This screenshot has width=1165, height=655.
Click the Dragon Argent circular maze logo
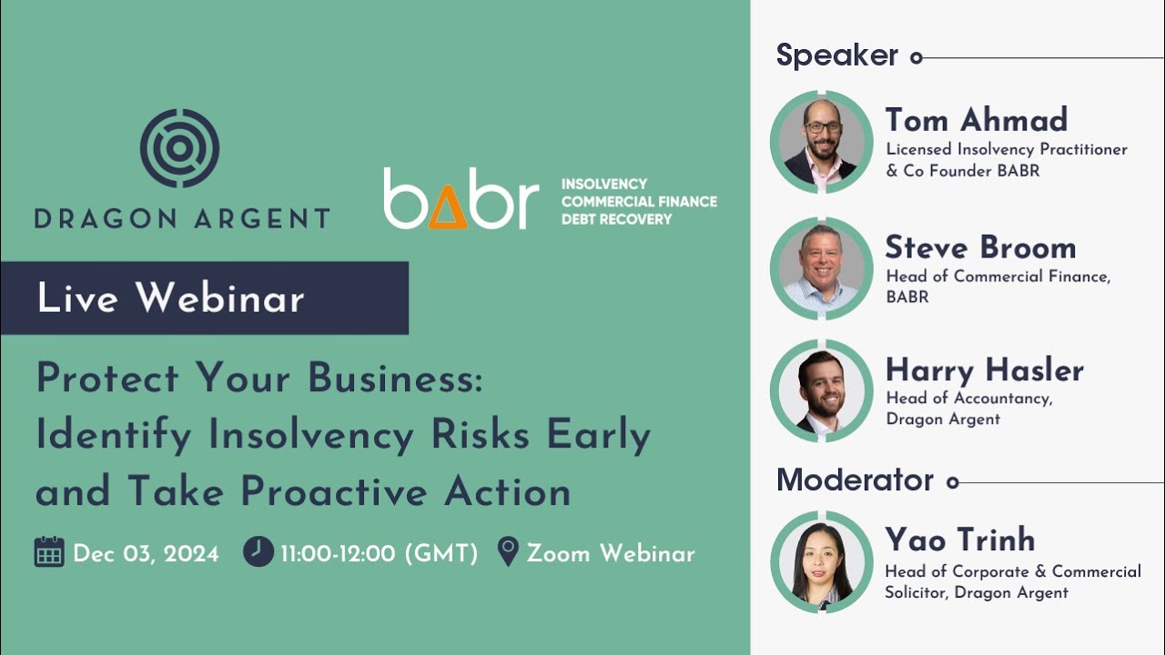pos(180,148)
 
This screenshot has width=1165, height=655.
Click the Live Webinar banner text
pos(170,298)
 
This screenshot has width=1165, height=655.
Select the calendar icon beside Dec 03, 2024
pos(49,552)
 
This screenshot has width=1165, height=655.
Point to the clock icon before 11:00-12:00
pos(258,551)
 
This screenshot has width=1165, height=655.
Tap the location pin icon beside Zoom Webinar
pos(509,551)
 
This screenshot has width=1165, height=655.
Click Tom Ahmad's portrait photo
pos(821,142)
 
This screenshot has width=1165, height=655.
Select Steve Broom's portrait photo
pos(821,268)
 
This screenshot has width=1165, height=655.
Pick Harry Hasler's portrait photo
pos(821,390)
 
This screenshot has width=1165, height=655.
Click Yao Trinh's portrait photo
pos(821,561)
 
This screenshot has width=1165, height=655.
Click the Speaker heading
pos(836,55)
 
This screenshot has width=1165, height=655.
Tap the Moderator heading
pos(855,480)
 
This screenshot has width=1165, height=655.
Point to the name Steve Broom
pos(980,247)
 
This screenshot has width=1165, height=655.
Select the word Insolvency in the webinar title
pos(313,436)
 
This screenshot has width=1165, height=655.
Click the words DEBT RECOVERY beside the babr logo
pos(616,219)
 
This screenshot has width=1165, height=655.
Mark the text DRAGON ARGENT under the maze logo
pos(182,218)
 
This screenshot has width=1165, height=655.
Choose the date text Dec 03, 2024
pos(146,553)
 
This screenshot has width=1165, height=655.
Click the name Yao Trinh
pos(959,539)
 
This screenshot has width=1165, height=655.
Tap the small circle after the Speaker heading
pos(917,57)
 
